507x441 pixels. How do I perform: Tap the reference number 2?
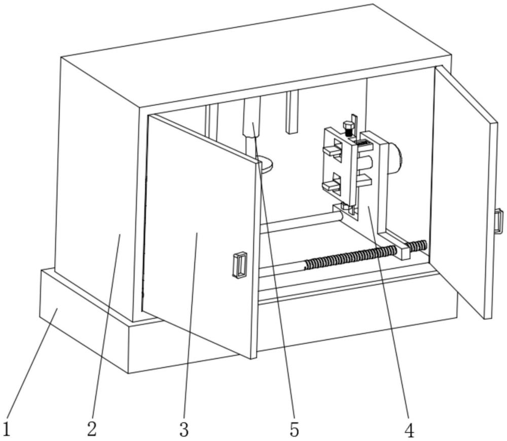91,429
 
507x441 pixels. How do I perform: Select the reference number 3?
184,430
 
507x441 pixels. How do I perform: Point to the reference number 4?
410,430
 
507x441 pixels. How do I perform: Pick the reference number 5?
295,430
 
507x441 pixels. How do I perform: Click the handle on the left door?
240,265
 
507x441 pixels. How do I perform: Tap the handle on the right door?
498,221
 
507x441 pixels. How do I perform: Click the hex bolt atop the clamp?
348,126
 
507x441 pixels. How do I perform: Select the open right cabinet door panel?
464,193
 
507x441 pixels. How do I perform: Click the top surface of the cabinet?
253,56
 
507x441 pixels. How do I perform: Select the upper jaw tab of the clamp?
333,150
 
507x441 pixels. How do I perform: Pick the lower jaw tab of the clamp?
331,186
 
